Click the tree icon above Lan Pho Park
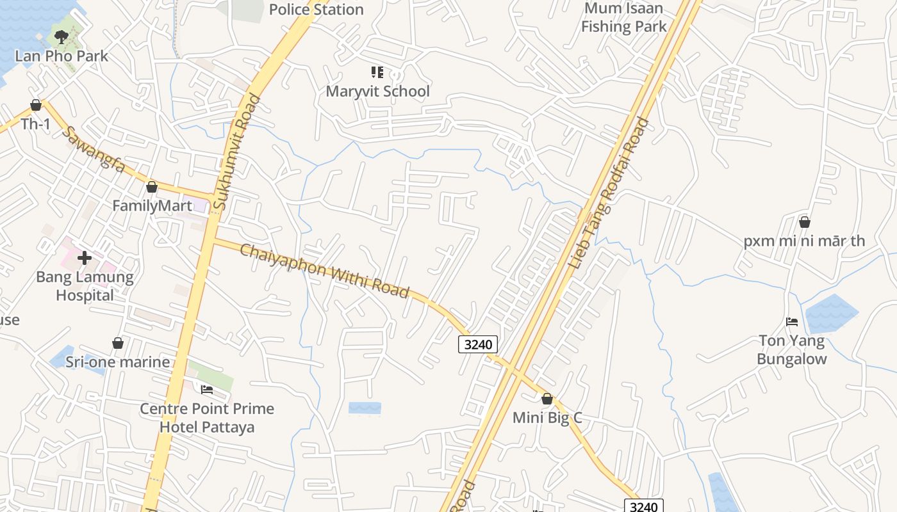coord(62,37)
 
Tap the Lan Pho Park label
coord(62,56)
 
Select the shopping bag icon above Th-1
coord(36,105)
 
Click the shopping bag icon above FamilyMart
coord(152,187)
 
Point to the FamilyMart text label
coord(152,206)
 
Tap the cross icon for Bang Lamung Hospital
coord(85,258)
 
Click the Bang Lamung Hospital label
coord(85,286)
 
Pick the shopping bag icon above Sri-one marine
coord(118,343)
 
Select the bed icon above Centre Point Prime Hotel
coord(206,389)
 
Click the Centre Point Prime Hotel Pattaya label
coord(207,418)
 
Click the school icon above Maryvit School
coord(377,72)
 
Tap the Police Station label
coord(317,10)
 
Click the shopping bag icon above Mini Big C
coord(547,399)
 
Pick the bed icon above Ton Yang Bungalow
coord(792,322)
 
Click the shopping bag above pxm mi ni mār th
coord(805,222)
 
